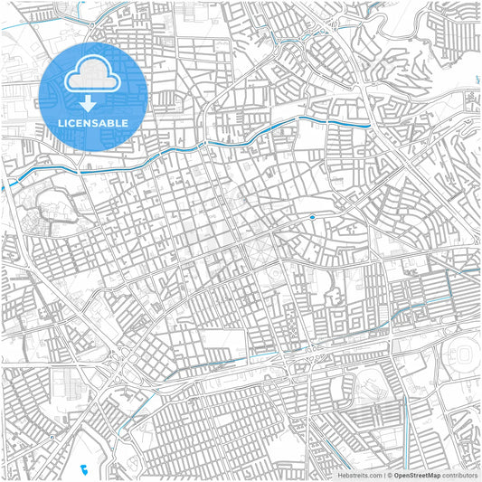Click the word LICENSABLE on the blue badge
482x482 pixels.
point(92,121)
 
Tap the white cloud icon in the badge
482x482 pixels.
point(92,75)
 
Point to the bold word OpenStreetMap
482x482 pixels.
point(417,475)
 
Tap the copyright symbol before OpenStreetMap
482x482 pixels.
point(389,475)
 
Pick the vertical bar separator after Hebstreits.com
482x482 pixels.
point(383,475)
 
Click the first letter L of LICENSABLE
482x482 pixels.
point(61,121)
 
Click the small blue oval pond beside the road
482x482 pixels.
point(312,217)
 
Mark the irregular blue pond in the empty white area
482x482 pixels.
point(82,468)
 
